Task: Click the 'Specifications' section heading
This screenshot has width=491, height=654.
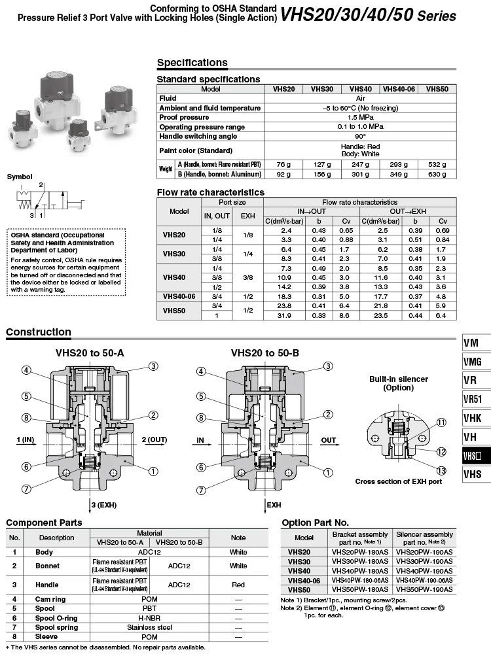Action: [192, 63]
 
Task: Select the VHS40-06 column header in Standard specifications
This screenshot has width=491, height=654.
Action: [399, 89]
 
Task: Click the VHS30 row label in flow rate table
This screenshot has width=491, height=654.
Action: [173, 254]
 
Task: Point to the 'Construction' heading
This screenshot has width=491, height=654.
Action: [39, 332]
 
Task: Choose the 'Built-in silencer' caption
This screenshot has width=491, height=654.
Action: [398, 379]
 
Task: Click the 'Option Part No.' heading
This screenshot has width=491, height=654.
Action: [324, 523]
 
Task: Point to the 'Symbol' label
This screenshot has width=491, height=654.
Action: [20, 177]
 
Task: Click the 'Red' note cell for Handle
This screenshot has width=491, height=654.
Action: [238, 585]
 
